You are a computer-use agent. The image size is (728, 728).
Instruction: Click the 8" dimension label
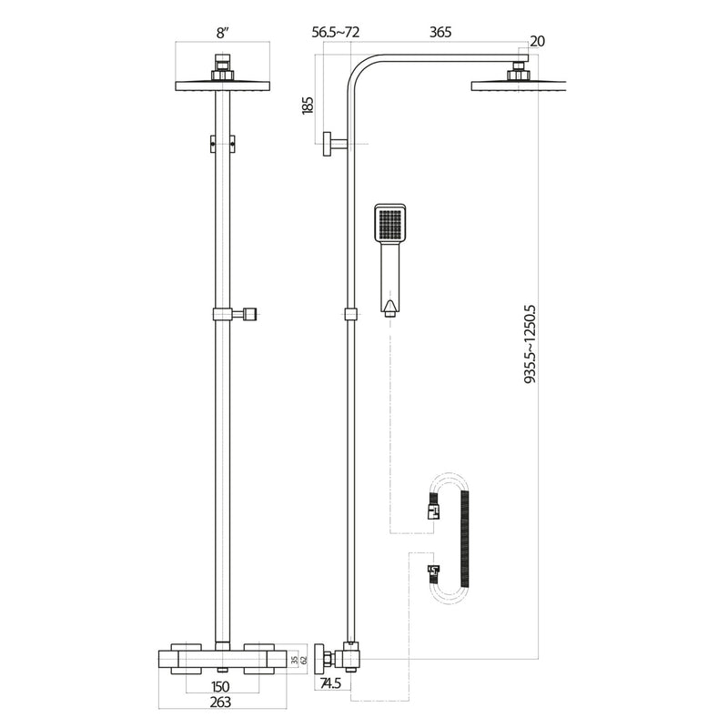[221, 33]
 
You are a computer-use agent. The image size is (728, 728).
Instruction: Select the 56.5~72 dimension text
[336, 33]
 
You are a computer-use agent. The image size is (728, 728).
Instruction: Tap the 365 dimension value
[440, 33]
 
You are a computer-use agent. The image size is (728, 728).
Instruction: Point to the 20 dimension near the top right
[537, 42]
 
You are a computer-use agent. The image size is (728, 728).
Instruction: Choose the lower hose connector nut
[432, 573]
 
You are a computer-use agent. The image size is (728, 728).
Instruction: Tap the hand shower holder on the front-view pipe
[237, 315]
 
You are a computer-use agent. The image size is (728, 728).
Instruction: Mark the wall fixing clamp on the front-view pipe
[221, 143]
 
